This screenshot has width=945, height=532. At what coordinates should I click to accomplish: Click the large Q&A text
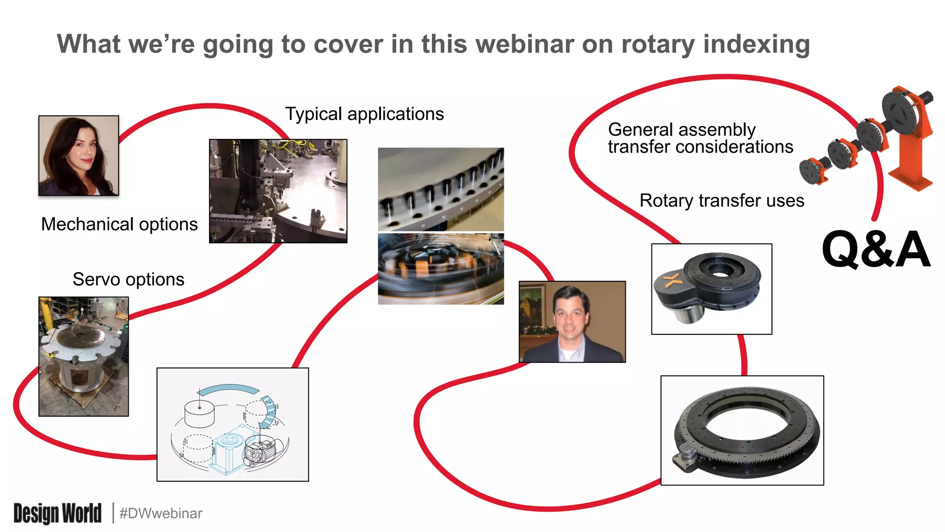pos(876,250)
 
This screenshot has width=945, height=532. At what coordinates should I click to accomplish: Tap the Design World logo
pos(57,513)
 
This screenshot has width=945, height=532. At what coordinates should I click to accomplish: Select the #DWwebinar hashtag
pos(161,513)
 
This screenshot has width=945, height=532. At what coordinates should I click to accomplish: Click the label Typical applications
pos(364,114)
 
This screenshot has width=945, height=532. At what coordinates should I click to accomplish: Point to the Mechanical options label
pos(119,224)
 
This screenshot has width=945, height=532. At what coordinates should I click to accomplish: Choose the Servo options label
pos(128,279)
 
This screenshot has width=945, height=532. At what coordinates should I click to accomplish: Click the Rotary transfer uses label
pos(721,201)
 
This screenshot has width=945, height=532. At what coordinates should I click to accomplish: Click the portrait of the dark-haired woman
pos(78,156)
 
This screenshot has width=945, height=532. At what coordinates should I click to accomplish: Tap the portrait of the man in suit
pos(572,322)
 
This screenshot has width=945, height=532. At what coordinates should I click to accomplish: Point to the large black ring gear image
pos(742,430)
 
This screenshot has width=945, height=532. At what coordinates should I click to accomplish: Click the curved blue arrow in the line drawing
pos(228,390)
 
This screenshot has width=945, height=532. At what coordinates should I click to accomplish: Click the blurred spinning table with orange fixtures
pos(441,269)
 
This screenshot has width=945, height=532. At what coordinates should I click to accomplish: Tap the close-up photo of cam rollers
pos(441,189)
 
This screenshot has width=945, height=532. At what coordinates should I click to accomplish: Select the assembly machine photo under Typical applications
pos(278,191)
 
